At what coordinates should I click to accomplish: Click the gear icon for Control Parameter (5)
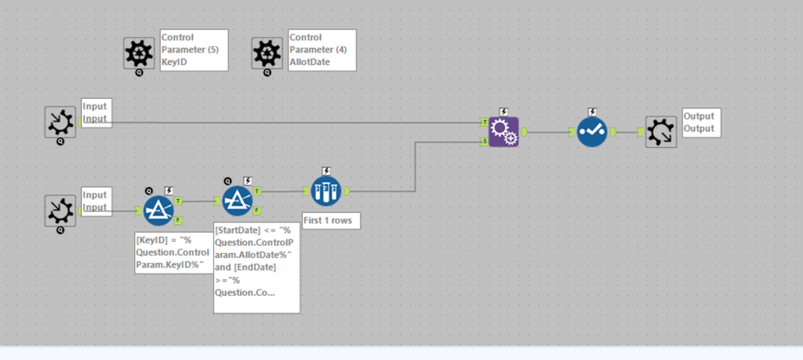point(139,53)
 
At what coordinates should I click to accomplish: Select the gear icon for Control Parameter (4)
point(267,53)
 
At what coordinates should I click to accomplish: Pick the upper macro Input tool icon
point(60,122)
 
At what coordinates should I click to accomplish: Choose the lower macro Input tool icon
point(60,211)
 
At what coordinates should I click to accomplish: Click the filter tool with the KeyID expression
point(158,211)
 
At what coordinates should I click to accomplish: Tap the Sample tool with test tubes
point(326,191)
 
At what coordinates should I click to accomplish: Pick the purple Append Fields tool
point(504,131)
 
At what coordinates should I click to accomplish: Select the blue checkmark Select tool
point(592,131)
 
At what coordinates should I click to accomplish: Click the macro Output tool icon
point(661,131)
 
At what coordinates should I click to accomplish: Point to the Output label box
point(699,122)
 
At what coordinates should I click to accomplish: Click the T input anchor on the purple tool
point(485,121)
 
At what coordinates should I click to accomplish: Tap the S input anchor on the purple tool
point(485,141)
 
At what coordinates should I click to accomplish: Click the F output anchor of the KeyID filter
point(178,219)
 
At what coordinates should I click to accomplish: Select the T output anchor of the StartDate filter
point(256,191)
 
